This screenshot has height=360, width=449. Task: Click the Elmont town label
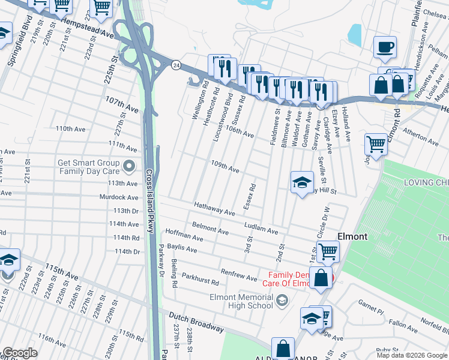click(352, 236)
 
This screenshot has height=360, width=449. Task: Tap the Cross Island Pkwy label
click(149, 197)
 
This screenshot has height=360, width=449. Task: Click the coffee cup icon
click(385, 47)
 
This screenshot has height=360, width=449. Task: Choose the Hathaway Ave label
click(214, 208)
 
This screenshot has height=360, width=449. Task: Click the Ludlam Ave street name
click(261, 227)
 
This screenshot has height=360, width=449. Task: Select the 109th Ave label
click(225, 167)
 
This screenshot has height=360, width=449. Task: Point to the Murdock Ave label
click(119, 197)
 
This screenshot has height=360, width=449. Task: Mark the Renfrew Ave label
click(239, 275)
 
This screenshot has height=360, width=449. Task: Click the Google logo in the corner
click(19, 353)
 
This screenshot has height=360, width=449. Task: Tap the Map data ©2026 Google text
click(411, 355)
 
